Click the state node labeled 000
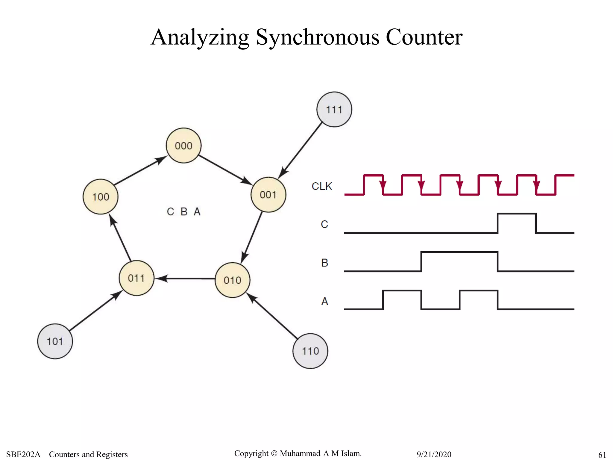click(183, 146)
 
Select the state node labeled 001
click(268, 195)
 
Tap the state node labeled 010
click(232, 280)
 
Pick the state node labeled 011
click(136, 278)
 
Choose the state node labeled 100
click(101, 197)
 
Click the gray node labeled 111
click(334, 110)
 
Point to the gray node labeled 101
click(55, 341)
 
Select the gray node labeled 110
click(310, 351)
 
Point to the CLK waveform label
click(322, 186)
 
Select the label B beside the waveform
click(324, 263)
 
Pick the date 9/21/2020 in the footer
click(434, 454)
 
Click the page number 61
click(602, 455)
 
